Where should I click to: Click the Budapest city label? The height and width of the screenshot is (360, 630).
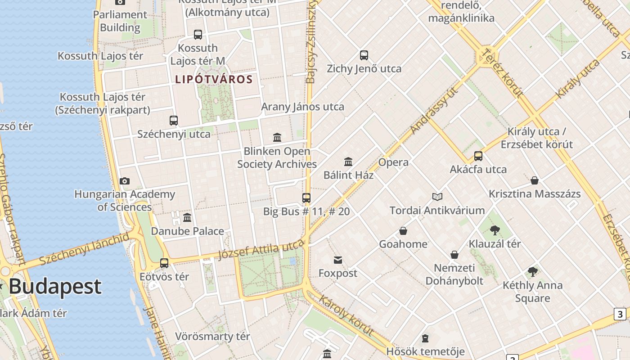[55, 287]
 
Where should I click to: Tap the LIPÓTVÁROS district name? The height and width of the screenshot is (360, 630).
[214, 80]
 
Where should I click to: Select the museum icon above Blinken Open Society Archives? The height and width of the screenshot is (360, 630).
[277, 137]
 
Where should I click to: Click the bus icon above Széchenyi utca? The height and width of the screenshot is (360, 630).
[174, 120]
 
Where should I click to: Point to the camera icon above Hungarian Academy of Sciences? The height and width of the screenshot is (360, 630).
[125, 181]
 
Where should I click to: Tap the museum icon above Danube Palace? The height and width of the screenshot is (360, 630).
[187, 218]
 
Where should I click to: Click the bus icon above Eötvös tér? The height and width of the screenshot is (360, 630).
[164, 263]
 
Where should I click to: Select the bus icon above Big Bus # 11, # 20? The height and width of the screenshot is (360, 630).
[306, 198]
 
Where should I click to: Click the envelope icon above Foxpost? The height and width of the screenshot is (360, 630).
[338, 260]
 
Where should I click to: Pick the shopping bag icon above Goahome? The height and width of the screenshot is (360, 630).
[403, 231]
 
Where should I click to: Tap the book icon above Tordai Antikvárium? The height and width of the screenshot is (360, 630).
[437, 197]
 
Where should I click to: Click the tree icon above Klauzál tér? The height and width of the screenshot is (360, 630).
[495, 230]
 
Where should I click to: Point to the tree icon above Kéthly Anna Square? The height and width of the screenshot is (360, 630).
[533, 271]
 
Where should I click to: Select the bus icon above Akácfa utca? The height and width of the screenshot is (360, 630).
[478, 156]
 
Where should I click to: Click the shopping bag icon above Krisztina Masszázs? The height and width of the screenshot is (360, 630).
[535, 180]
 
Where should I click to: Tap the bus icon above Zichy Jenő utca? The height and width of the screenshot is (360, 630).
[364, 55]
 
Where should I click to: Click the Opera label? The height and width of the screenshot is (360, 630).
[393, 162]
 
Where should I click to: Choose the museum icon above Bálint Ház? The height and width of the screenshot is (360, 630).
[348, 162]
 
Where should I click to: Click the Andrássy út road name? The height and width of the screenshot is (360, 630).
[434, 111]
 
